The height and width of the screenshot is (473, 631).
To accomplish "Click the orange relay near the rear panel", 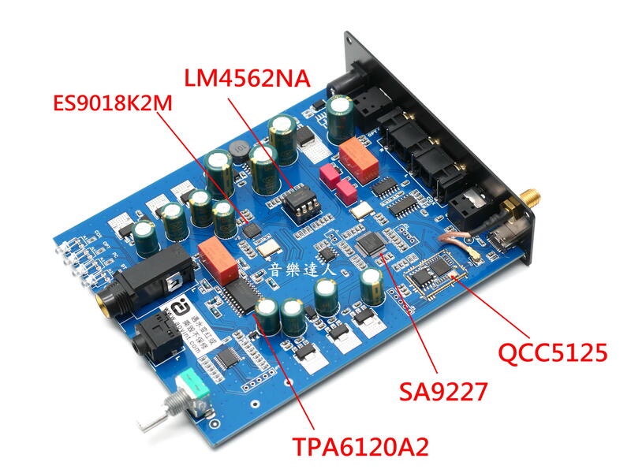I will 360,155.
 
